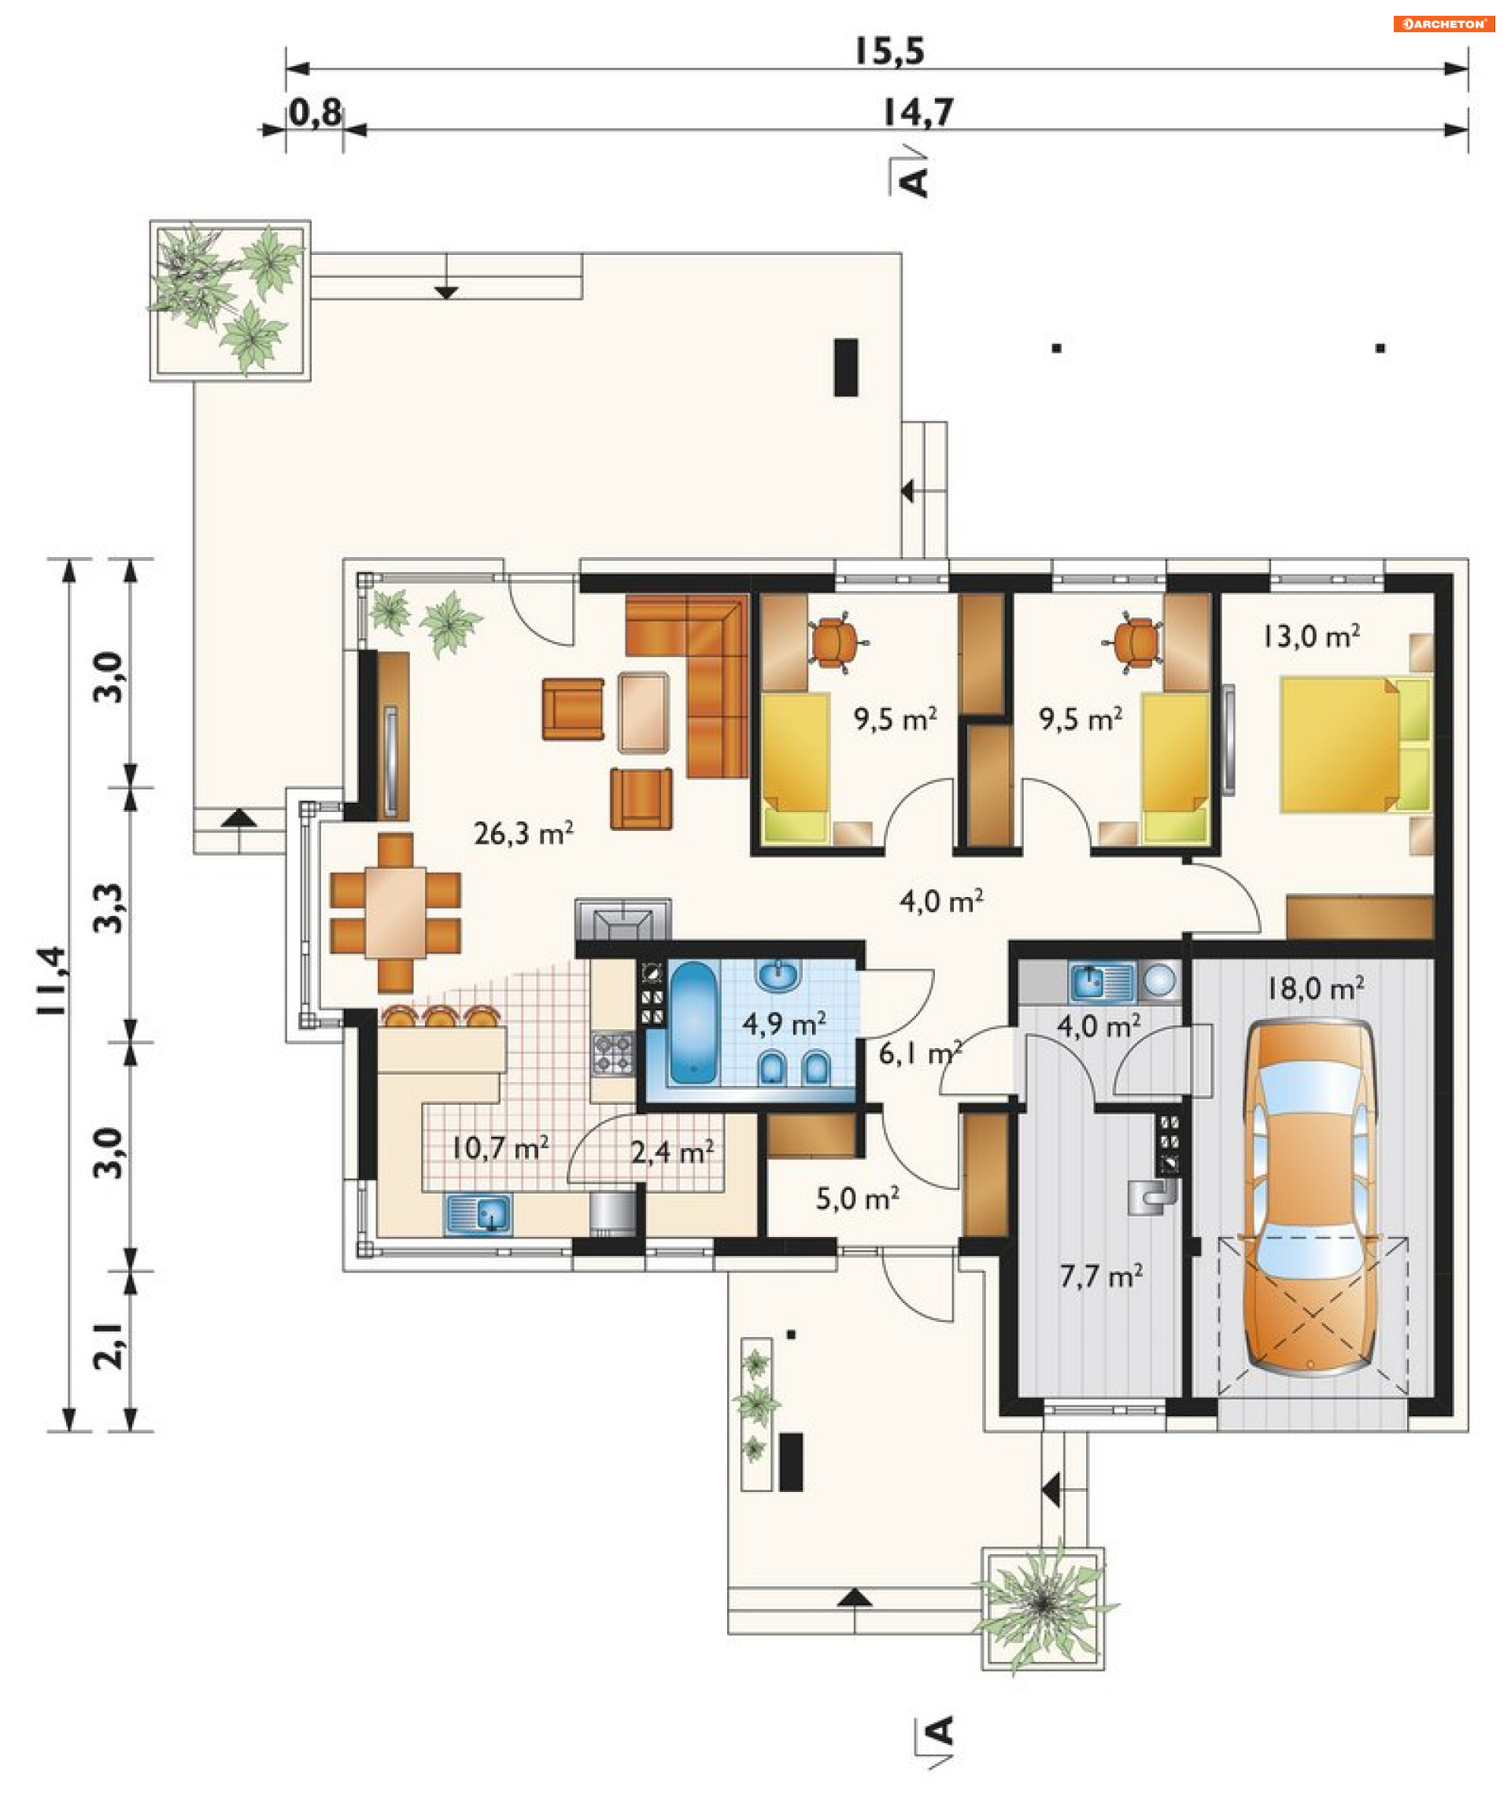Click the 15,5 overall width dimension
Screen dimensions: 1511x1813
click(889, 51)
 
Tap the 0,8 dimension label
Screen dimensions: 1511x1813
click(315, 113)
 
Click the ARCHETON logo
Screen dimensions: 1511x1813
click(1443, 24)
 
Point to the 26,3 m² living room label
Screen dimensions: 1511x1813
click(523, 833)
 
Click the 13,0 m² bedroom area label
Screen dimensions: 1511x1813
click(1310, 637)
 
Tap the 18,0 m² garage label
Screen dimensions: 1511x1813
click(1315, 988)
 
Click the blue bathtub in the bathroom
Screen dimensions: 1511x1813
click(693, 1022)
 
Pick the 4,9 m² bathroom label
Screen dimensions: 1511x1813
click(784, 1023)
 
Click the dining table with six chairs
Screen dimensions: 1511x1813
click(395, 913)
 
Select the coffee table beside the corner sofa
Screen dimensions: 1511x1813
click(643, 713)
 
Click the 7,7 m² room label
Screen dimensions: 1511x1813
click(1101, 1276)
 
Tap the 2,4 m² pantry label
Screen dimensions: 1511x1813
click(672, 1152)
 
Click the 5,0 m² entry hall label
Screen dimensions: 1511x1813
click(857, 1198)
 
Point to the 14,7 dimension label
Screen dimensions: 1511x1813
click(918, 113)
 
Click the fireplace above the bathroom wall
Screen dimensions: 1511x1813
click(623, 918)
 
